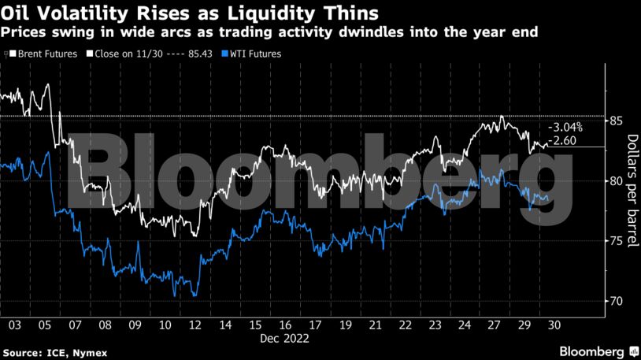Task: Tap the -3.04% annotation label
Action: pyautogui.click(x=565, y=127)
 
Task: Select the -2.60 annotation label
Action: pyautogui.click(x=565, y=140)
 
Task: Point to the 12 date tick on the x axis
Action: pyautogui.click(x=195, y=325)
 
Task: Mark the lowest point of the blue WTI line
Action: pyautogui.click(x=194, y=296)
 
